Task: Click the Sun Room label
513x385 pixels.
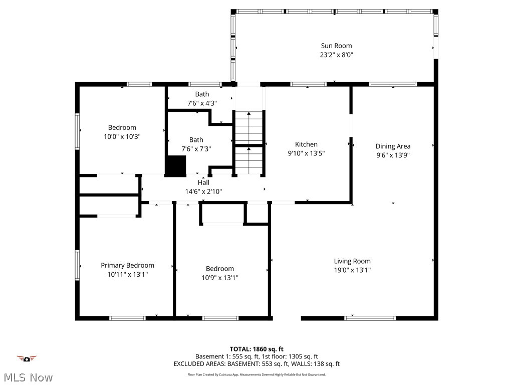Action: pos(336,46)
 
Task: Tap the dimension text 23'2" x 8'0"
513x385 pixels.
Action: pos(336,55)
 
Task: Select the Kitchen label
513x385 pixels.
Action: pos(306,144)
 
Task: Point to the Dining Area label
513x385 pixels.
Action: pos(393,146)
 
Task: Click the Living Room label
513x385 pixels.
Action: pos(352,261)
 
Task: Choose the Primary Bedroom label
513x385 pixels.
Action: pos(127,265)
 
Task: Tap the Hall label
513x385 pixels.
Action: pos(203,182)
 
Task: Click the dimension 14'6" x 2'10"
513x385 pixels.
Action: pos(203,191)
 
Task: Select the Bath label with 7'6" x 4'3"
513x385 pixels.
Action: pos(202,94)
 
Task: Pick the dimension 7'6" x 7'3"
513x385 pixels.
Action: pos(196,149)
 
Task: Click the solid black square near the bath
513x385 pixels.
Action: pos(175,166)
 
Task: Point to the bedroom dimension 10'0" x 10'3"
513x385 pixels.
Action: pos(122,136)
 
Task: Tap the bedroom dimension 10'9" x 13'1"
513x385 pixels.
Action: pos(219,278)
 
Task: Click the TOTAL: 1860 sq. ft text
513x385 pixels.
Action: pos(256,349)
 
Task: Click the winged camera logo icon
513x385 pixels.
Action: pos(27,358)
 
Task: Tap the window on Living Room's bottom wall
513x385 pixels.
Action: pos(370,318)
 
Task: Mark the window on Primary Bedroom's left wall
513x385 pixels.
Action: pos(78,265)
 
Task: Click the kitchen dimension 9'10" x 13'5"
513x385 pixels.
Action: pos(306,154)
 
